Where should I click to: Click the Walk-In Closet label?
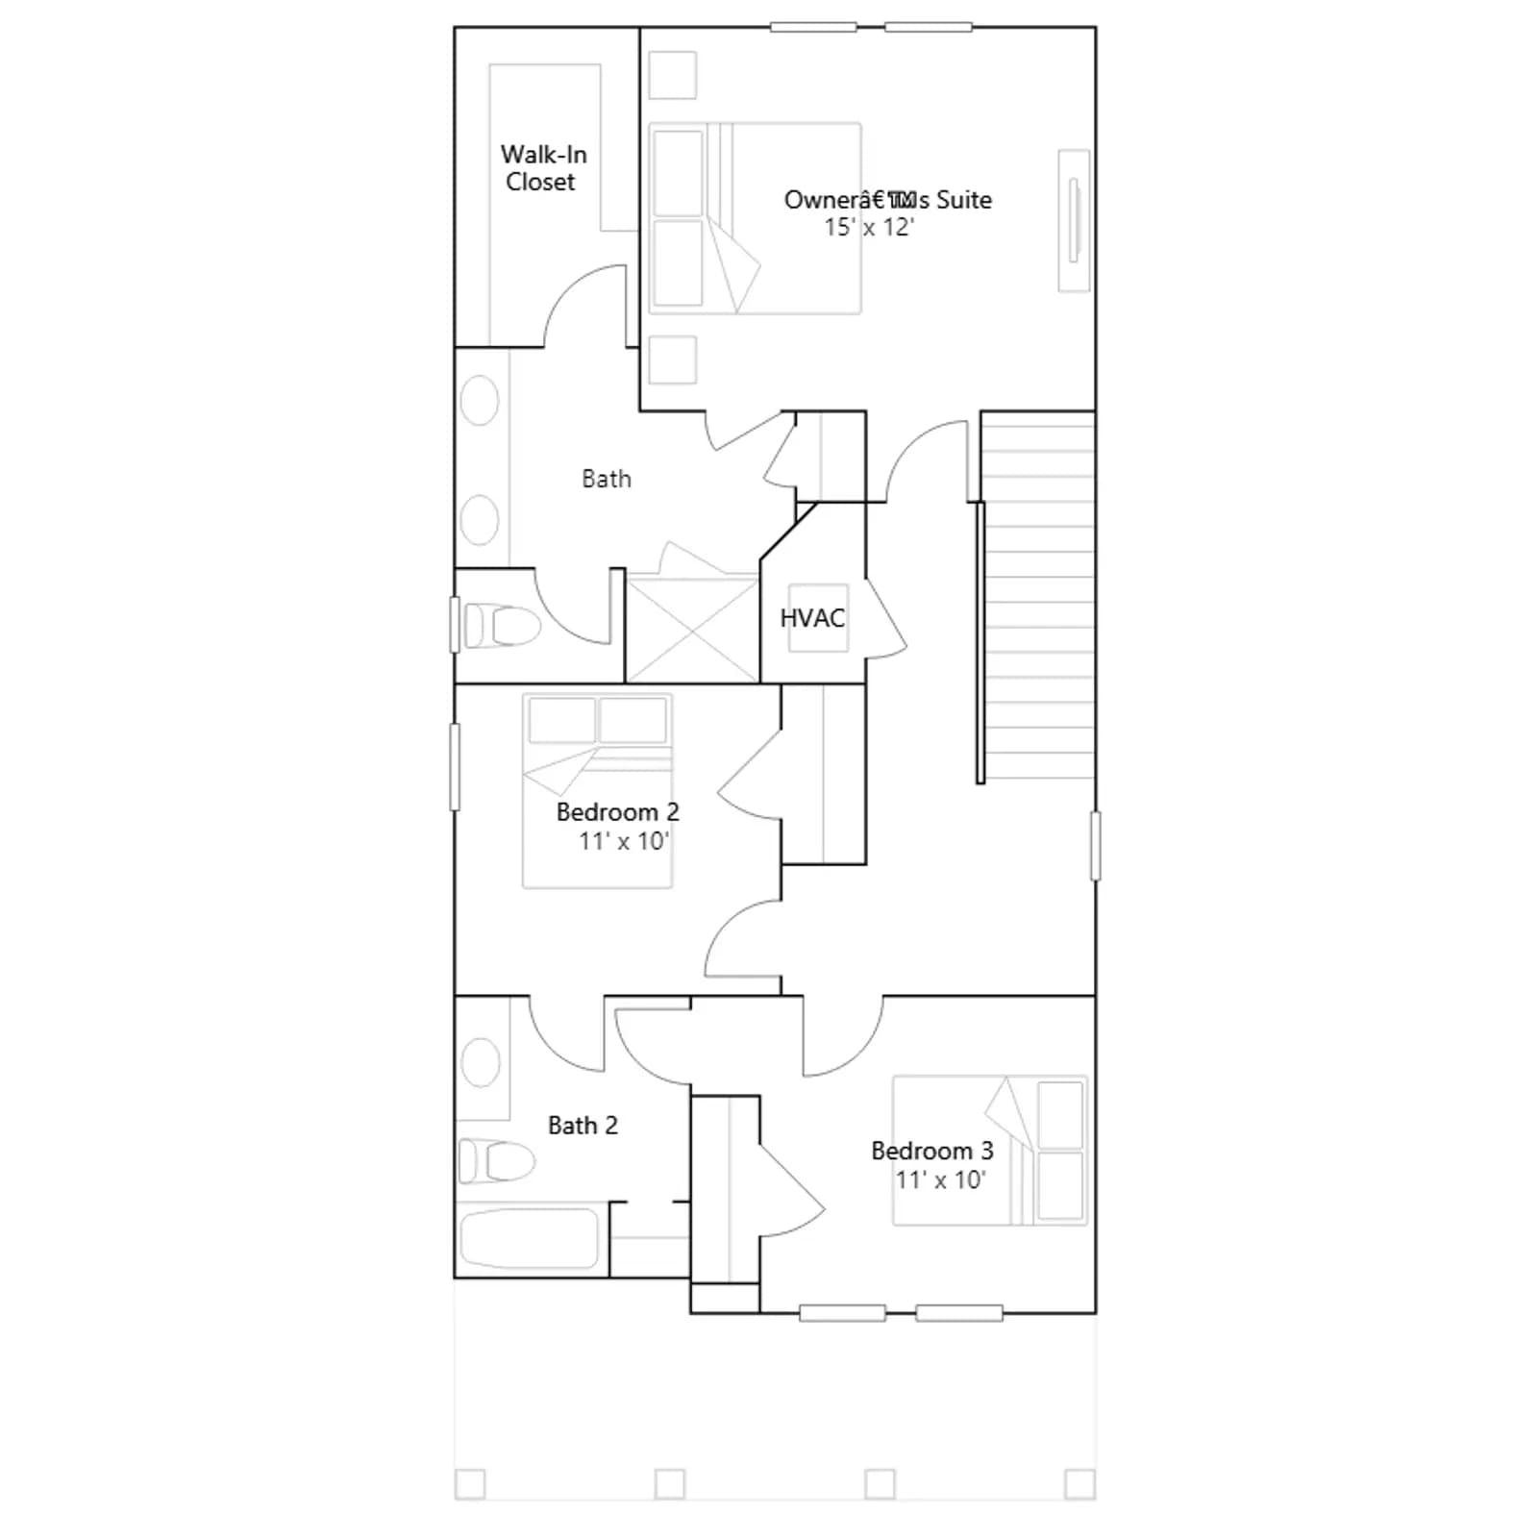(543, 168)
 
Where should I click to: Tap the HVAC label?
(812, 618)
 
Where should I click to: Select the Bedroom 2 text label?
(617, 812)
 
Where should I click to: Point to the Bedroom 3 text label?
(931, 1151)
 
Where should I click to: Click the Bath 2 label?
(583, 1125)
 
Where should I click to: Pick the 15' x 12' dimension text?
(869, 228)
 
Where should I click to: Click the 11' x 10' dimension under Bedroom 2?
(624, 841)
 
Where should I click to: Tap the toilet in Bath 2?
(496, 1160)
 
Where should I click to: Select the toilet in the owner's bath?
(502, 626)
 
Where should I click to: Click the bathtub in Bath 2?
(529, 1238)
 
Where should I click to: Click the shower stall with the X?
(693, 629)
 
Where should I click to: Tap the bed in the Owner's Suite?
(755, 218)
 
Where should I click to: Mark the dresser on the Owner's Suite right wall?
(1074, 220)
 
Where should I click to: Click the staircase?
(1037, 595)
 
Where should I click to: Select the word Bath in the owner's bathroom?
(607, 479)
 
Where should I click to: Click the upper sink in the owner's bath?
(479, 401)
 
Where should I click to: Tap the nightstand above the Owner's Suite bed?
(673, 74)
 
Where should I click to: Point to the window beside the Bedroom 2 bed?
(455, 766)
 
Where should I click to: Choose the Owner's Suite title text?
(888, 200)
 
